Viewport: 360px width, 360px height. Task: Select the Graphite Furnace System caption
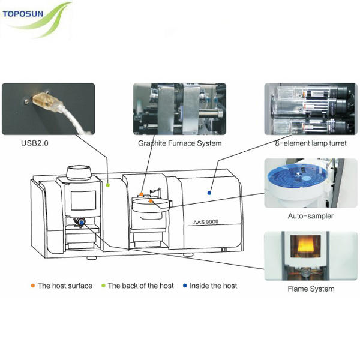(x=179, y=143)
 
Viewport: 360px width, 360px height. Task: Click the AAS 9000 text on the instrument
(x=205, y=221)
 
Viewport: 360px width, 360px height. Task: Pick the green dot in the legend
(x=103, y=286)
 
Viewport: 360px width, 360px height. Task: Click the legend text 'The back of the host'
(x=140, y=286)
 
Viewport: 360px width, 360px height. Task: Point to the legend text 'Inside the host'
(x=213, y=286)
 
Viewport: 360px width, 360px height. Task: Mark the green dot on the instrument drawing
(x=108, y=185)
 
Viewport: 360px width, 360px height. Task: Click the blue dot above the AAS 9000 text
(x=209, y=193)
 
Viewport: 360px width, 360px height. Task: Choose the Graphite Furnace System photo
(x=179, y=109)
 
